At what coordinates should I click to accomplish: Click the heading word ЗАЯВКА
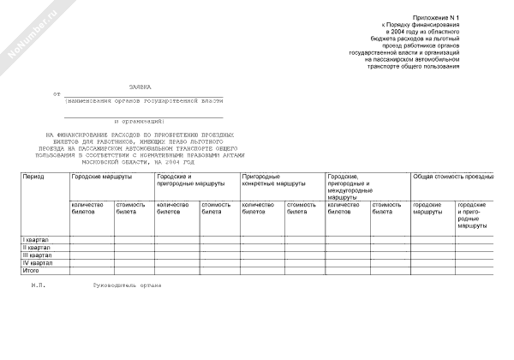(x=140, y=87)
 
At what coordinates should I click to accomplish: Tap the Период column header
(x=34, y=176)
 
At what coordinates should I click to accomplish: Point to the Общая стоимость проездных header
(x=453, y=176)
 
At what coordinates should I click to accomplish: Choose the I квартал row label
(x=36, y=238)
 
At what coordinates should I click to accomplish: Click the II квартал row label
(x=37, y=247)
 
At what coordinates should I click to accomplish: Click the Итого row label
(x=31, y=270)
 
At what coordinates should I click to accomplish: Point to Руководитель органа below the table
(x=128, y=285)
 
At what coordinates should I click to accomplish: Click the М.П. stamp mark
(x=38, y=285)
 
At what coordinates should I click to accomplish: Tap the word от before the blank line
(x=57, y=94)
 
